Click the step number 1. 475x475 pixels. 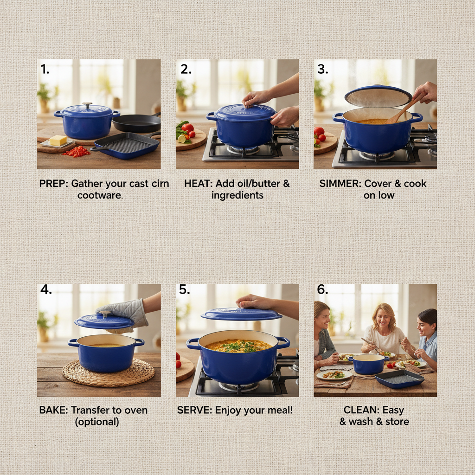[45, 69]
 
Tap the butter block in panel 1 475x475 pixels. [58, 140]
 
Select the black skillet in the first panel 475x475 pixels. [136, 123]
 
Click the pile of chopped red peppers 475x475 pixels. [77, 152]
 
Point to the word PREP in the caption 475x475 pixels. [53, 184]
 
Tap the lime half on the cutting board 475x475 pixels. [181, 138]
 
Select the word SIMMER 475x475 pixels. [337, 184]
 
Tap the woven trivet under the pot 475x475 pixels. [109, 372]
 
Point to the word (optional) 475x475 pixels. [97, 422]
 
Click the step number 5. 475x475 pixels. [185, 290]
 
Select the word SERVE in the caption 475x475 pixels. [194, 411]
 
